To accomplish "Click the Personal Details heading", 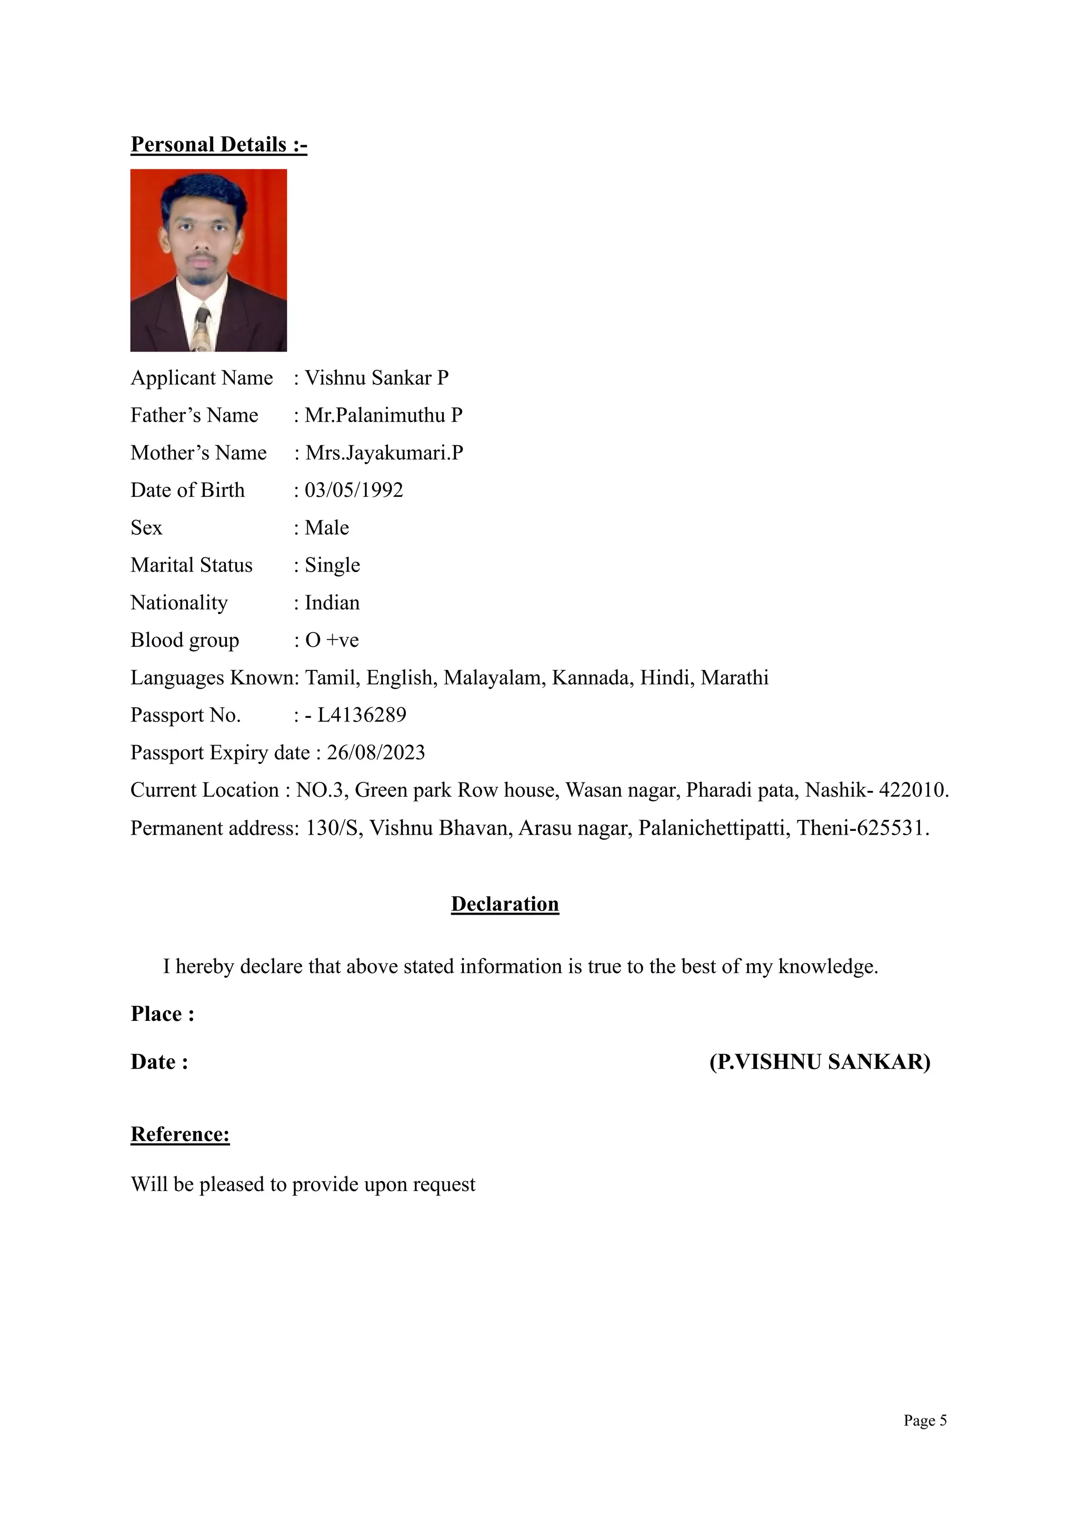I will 218,145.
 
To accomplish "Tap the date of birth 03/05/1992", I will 354,490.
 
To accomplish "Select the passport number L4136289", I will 361,715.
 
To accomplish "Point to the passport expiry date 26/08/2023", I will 376,753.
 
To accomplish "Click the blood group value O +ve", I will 332,640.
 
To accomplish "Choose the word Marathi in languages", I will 734,678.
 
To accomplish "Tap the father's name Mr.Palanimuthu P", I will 383,416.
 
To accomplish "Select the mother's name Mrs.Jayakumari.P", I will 384,453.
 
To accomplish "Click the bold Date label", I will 159,1062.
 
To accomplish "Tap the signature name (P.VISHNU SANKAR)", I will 819,1062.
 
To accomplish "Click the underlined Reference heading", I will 180,1135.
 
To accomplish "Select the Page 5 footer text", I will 925,1420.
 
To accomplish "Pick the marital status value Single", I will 332,566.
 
